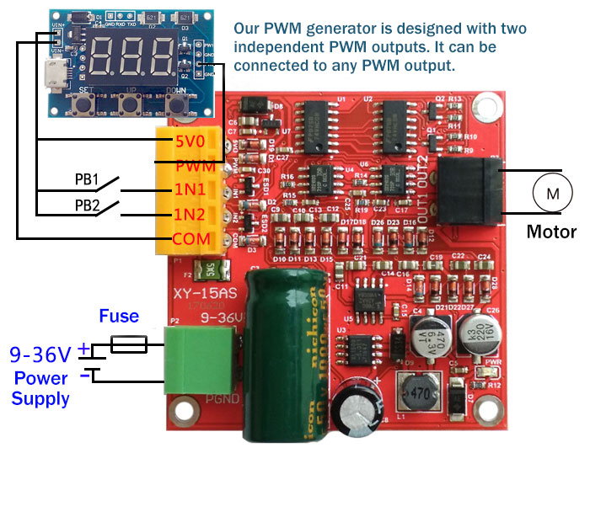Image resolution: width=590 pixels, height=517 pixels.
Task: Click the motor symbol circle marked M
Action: click(553, 194)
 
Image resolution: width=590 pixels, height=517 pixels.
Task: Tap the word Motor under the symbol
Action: click(551, 232)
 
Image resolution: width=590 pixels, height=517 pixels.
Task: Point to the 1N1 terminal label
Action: click(190, 190)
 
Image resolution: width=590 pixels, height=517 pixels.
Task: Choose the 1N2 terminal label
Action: click(190, 215)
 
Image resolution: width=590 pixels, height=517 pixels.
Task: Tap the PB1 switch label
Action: click(87, 179)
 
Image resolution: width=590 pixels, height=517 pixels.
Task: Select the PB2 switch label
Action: click(87, 205)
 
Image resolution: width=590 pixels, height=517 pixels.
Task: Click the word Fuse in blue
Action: click(119, 317)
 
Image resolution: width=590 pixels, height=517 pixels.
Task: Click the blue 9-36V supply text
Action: click(40, 354)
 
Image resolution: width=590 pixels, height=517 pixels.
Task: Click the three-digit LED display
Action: click(128, 54)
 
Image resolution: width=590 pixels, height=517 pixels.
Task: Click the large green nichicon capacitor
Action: click(286, 337)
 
